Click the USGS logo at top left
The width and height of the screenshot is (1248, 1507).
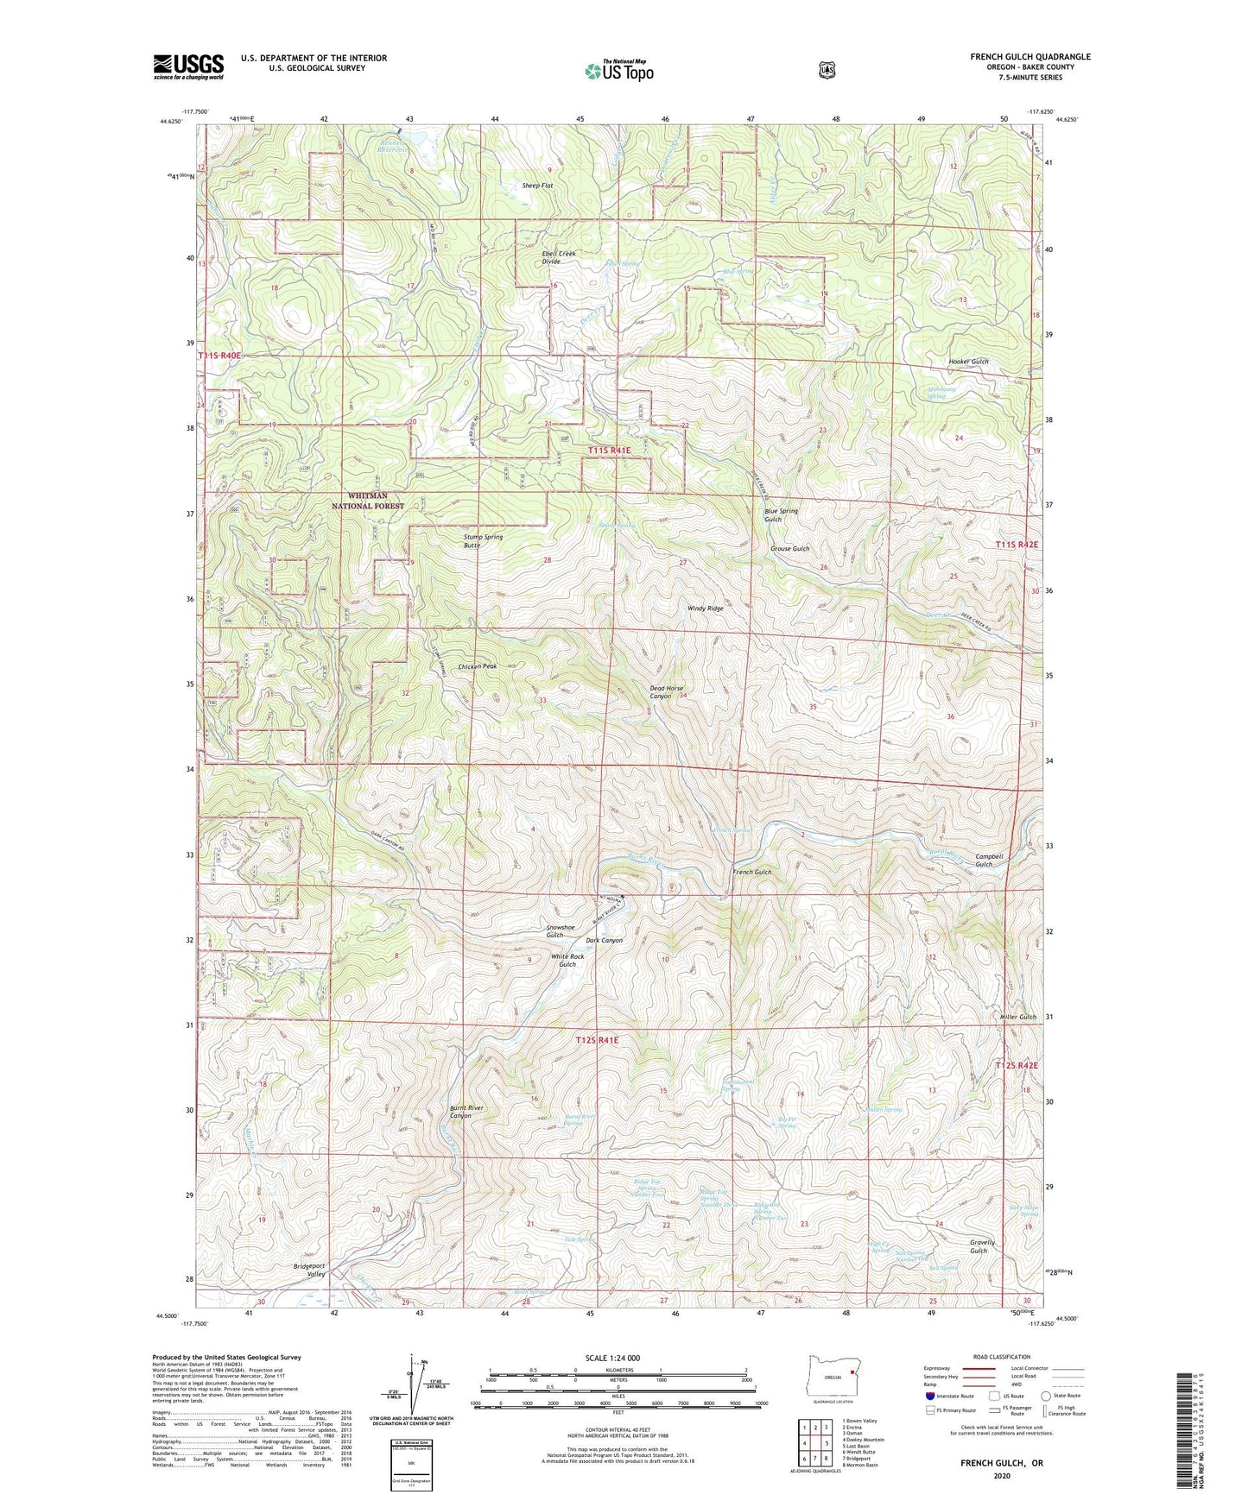click(188, 66)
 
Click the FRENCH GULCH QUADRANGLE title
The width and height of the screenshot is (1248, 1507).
click(1029, 57)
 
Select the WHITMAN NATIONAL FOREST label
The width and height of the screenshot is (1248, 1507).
click(369, 501)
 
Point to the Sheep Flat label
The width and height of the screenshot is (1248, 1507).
click(537, 186)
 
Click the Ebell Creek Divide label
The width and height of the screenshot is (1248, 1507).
click(558, 257)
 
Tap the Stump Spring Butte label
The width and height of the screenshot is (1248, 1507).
click(483, 541)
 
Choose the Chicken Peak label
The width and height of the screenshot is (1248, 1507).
click(477, 666)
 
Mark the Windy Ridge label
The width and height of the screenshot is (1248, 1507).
click(705, 608)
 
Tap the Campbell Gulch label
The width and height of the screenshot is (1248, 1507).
click(989, 860)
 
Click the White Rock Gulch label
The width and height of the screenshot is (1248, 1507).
click(567, 960)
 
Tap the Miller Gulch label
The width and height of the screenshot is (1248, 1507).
click(1017, 1017)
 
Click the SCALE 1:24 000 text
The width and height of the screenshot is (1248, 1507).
click(612, 1358)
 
